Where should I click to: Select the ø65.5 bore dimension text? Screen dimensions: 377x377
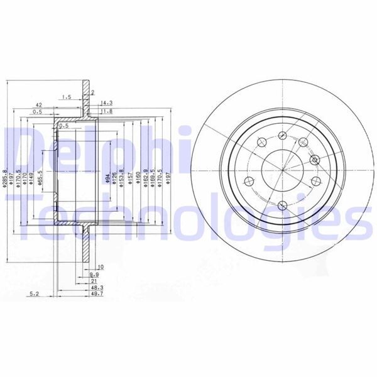[41, 178]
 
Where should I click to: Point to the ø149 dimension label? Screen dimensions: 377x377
[31, 180]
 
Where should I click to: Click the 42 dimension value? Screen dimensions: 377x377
[38, 105]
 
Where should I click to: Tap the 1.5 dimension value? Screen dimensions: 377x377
[66, 97]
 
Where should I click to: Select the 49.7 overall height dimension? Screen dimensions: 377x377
[97, 293]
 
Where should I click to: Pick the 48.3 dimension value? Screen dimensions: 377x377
[97, 287]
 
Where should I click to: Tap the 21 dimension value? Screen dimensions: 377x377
[94, 280]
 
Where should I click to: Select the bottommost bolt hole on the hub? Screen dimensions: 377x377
[283, 204]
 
